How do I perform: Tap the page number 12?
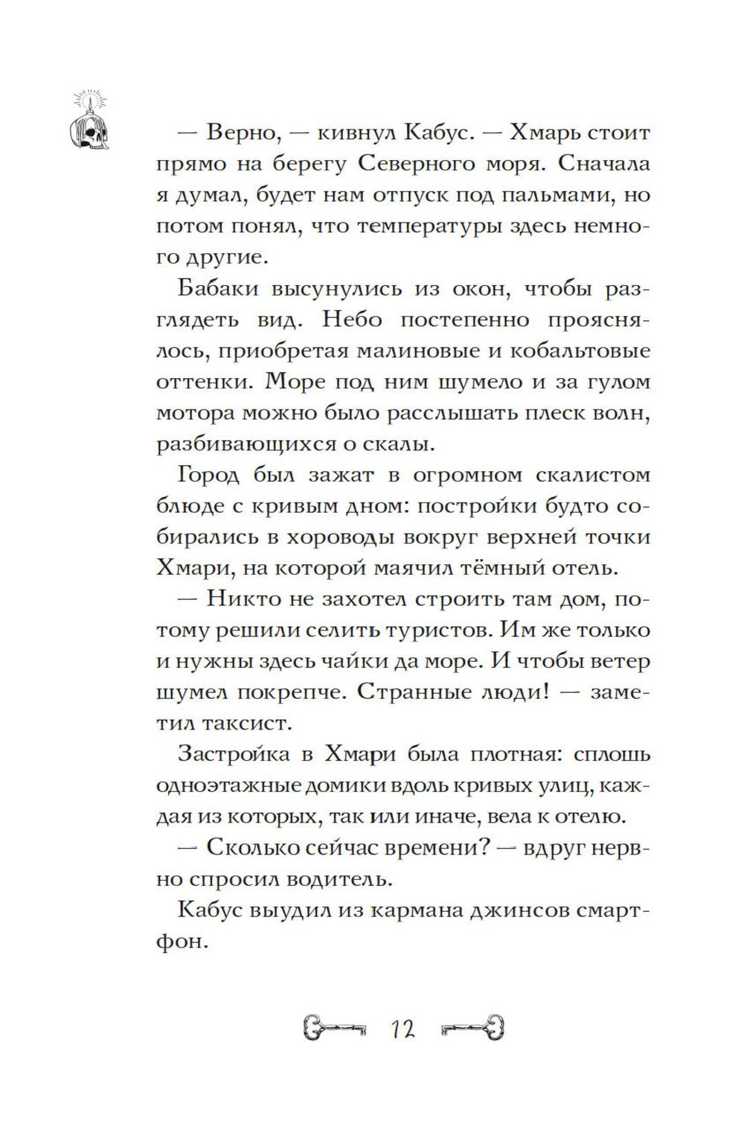[x=401, y=1030]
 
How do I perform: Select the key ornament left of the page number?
[x=333, y=1030]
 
